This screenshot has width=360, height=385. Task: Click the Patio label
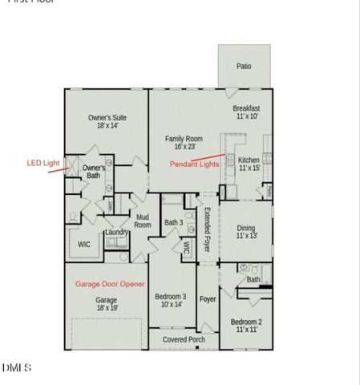244,67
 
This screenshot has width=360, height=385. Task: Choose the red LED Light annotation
43,163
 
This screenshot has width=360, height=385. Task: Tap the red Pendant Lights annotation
194,164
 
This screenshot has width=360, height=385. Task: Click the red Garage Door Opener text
109,284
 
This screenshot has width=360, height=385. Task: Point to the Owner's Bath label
94,172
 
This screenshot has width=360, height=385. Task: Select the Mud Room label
143,221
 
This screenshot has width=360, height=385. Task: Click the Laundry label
117,233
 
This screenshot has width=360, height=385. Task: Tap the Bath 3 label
173,222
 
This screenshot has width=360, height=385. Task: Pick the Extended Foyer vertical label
206,231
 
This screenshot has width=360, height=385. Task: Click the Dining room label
246,233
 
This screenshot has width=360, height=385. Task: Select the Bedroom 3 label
170,300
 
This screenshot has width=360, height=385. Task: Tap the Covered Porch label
184,339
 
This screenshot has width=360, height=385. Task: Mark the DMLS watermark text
16,368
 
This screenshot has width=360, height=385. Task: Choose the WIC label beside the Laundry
83,245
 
